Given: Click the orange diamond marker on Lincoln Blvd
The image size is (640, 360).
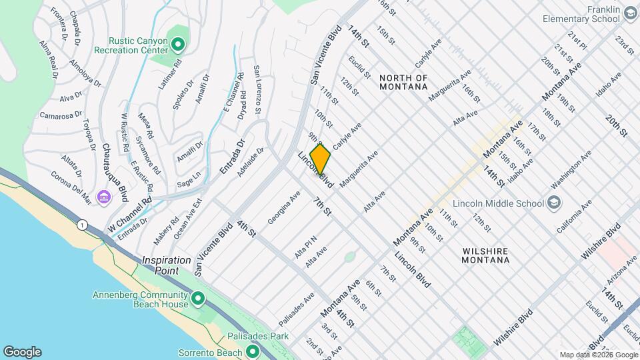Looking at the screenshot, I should click(x=320, y=159).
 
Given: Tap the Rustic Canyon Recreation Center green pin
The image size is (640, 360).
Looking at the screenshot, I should click(x=177, y=45).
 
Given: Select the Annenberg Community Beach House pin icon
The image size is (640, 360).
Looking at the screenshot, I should click(x=197, y=299).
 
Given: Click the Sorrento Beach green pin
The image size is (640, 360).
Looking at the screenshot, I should click(x=252, y=351).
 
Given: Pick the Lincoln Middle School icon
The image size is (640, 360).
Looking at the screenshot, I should click(x=554, y=203).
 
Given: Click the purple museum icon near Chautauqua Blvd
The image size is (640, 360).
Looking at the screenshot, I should click(x=103, y=197).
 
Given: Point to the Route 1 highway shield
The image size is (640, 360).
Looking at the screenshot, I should click(x=81, y=225).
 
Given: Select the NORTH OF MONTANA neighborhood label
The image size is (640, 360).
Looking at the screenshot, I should click(x=403, y=82).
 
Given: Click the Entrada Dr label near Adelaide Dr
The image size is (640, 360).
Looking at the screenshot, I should click(x=233, y=158).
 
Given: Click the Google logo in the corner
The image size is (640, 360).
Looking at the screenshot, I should click(x=22, y=351).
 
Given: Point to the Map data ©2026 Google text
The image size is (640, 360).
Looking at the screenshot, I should click(x=597, y=355).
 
